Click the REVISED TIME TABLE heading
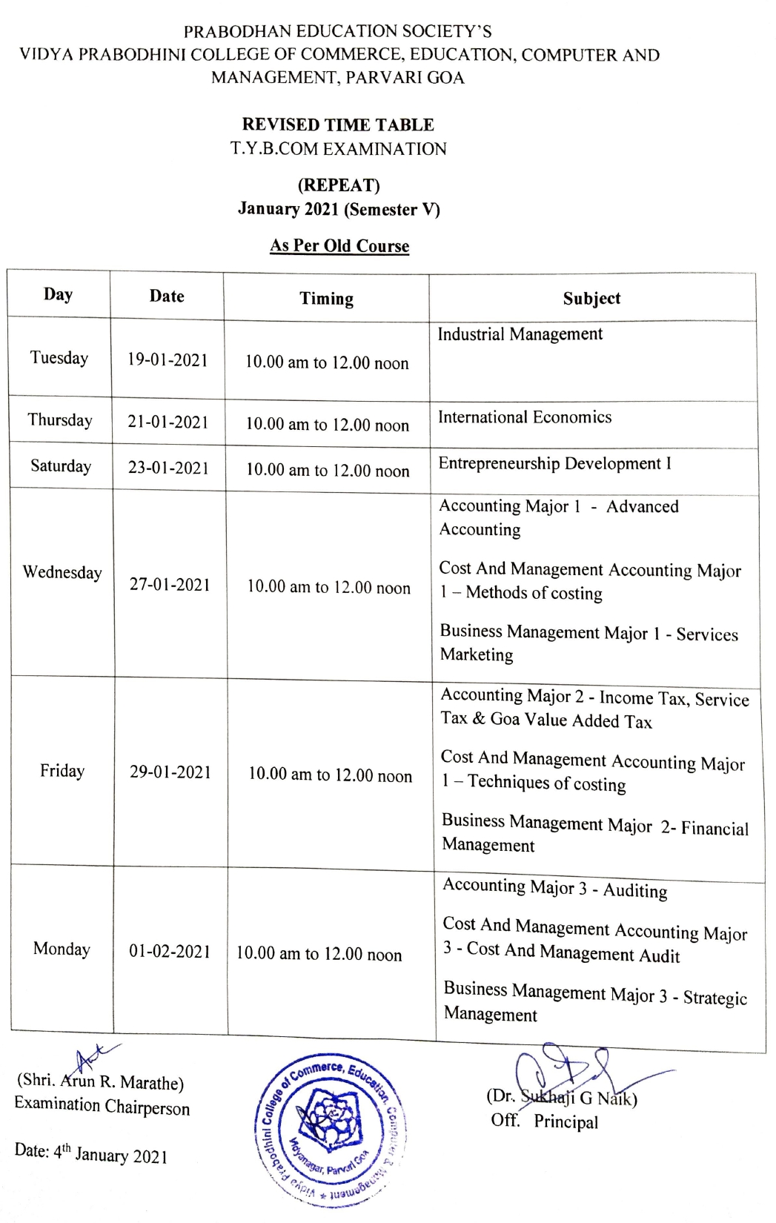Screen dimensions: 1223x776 click(338, 125)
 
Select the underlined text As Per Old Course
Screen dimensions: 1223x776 click(339, 245)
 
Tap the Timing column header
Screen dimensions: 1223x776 click(326, 299)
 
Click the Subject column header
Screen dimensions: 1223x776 click(591, 299)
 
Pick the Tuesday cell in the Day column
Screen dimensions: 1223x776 click(59, 358)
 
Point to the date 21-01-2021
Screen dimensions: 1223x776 click(168, 422)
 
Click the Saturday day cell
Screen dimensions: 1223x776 click(61, 466)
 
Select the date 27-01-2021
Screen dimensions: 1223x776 click(170, 585)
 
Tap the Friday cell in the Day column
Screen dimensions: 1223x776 click(62, 771)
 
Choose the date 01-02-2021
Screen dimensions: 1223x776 click(170, 951)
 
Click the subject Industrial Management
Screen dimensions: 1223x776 click(520, 334)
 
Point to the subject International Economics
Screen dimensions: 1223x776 click(525, 417)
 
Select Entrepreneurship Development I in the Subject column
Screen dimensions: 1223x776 click(554, 464)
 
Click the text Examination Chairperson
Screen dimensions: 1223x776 click(102, 1107)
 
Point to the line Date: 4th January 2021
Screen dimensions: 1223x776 click(90, 1153)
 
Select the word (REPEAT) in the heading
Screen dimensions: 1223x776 click(339, 185)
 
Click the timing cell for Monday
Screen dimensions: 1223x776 click(319, 954)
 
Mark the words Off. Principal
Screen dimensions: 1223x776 click(544, 1121)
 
